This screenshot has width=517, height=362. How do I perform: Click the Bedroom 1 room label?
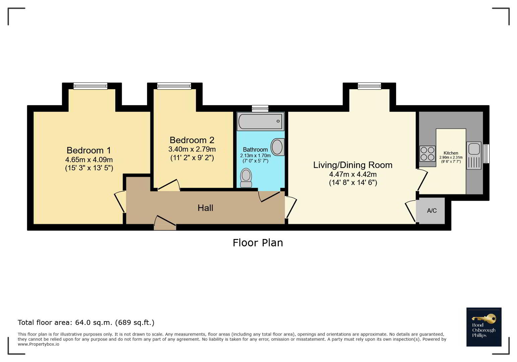click(89, 150)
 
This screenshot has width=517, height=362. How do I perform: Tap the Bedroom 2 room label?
click(192, 140)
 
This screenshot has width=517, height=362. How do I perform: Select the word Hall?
click(205, 208)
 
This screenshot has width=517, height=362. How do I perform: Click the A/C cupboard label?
click(432, 210)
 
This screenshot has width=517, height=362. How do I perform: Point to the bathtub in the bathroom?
click(261, 121)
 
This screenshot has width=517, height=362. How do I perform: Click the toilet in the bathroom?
click(246, 178)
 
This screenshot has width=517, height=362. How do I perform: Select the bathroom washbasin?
click(277, 147)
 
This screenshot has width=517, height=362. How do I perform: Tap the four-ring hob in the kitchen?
click(428, 154)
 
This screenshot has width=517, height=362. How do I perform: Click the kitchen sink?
click(474, 156)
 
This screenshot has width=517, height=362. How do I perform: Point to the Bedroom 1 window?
click(90, 86)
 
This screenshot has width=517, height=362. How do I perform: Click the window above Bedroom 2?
click(174, 86)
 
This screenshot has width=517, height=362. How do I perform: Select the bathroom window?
click(260, 108)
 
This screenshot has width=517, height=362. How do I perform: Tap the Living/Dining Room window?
click(369, 86)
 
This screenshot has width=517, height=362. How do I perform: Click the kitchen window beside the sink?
click(486, 154)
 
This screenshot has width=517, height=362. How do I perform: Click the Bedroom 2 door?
click(169, 185)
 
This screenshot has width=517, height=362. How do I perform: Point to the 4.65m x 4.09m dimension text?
click(89, 160)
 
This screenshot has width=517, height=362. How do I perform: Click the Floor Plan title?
click(258, 243)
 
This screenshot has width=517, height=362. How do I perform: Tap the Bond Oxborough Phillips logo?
click(484, 327)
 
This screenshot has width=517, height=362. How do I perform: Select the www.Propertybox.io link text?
click(38, 344)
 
